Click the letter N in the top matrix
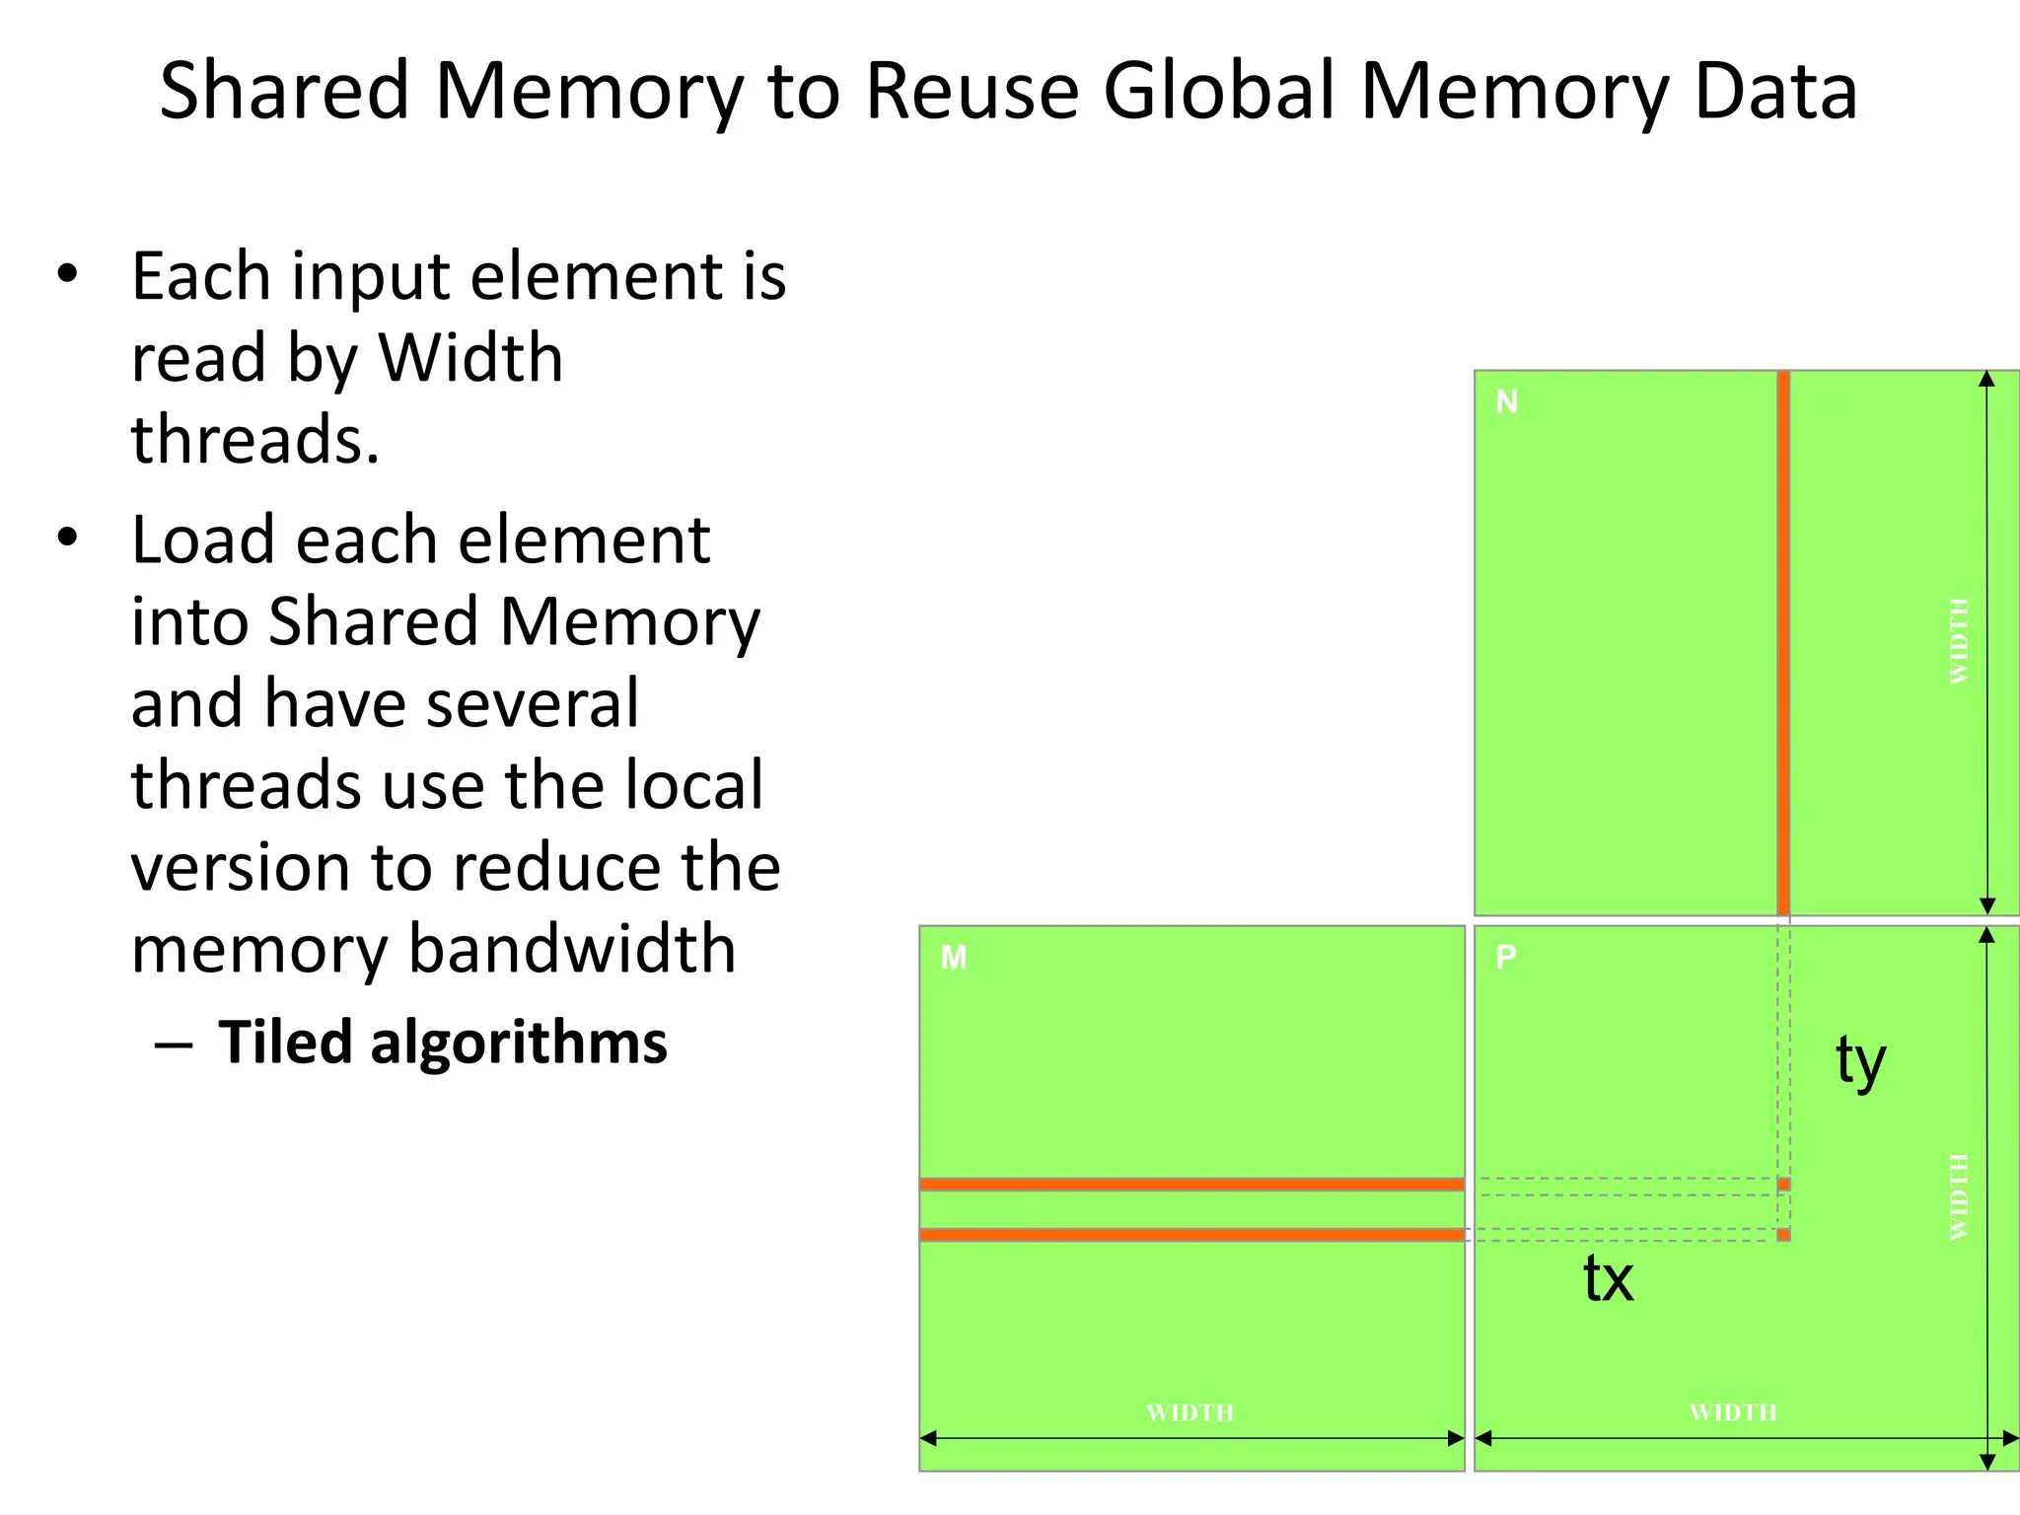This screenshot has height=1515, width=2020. click(x=1507, y=402)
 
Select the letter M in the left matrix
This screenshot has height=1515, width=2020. click(x=954, y=958)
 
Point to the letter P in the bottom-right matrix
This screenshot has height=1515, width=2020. click(x=1506, y=957)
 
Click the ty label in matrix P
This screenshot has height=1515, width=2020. click(x=1860, y=1061)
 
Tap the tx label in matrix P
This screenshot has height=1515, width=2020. click(x=1609, y=1279)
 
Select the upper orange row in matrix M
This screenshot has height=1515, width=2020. click(x=1191, y=1185)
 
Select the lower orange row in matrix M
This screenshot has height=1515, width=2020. click(x=1191, y=1235)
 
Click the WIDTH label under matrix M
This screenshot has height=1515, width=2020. click(x=1190, y=1412)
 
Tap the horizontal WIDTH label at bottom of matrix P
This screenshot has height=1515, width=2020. click(x=1733, y=1412)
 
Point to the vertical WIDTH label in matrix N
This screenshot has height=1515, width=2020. click(x=1960, y=641)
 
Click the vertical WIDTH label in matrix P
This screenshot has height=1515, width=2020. click(x=1960, y=1196)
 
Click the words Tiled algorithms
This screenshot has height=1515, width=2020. click(x=443, y=1043)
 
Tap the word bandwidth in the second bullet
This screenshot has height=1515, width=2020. click(x=572, y=949)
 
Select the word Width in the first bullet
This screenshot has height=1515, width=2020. click(x=470, y=357)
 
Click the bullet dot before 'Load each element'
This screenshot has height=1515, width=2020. click(x=67, y=539)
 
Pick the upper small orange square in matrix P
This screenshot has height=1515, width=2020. click(x=1783, y=1185)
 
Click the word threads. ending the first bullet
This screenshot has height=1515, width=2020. click(x=255, y=439)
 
